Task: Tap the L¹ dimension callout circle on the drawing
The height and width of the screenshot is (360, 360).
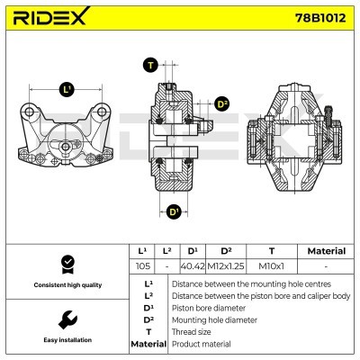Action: pyautogui.click(x=67, y=89)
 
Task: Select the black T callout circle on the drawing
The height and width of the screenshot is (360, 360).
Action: pyautogui.click(x=149, y=64)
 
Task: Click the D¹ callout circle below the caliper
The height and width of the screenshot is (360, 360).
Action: pyautogui.click(x=175, y=211)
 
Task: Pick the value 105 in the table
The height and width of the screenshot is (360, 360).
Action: pyautogui.click(x=141, y=266)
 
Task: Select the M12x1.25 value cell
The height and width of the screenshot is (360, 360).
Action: pyautogui.click(x=226, y=266)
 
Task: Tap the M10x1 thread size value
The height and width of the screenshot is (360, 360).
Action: pyautogui.click(x=272, y=266)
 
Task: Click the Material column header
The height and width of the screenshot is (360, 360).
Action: pyautogui.click(x=325, y=251)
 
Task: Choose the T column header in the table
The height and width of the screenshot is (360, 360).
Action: pyautogui.click(x=272, y=251)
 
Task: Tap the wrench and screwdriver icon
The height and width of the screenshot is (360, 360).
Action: pyautogui.click(x=66, y=319)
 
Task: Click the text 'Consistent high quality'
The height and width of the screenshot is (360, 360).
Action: pyautogui.click(x=66, y=285)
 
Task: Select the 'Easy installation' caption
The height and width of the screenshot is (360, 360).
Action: pyautogui.click(x=66, y=340)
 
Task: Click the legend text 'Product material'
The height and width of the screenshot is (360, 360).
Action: pyautogui.click(x=201, y=344)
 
